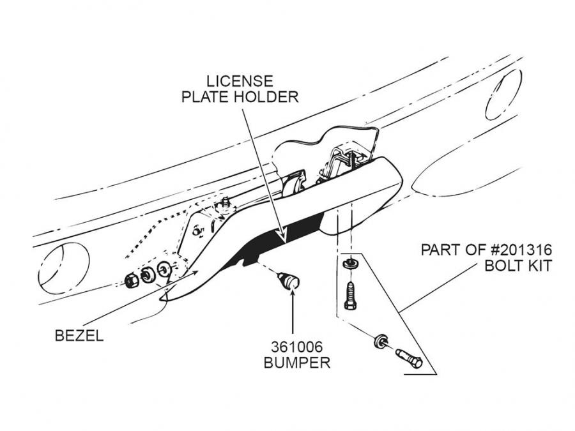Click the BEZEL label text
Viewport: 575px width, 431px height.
(79, 336)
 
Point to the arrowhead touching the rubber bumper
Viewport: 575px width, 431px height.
(292, 294)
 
